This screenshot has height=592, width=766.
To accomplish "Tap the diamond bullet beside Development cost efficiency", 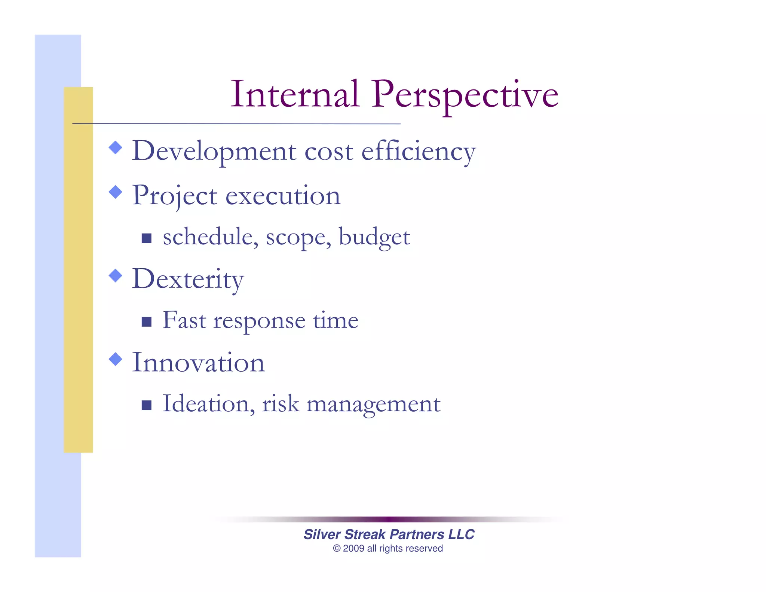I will tap(116, 147).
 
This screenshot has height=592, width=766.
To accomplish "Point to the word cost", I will tap(329, 152).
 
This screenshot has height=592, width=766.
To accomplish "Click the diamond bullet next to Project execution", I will tap(116, 192).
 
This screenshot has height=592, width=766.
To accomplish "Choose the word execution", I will tap(283, 196).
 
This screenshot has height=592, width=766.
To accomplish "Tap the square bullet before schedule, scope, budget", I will tap(147, 238).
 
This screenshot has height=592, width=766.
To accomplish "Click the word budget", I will tap(374, 237).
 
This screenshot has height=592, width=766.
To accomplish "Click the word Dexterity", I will tap(188, 280).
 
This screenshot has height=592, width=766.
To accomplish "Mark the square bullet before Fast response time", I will tap(147, 322).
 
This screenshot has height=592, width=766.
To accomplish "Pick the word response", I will tap(259, 321).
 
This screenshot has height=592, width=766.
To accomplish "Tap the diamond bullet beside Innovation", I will tap(116, 359).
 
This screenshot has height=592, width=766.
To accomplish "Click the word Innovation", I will tap(198, 363).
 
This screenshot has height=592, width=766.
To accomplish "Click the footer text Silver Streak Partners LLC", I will tap(389, 534).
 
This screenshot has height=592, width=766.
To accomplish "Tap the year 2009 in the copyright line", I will tap(353, 549).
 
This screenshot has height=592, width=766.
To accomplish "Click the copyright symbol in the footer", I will tap(337, 549).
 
